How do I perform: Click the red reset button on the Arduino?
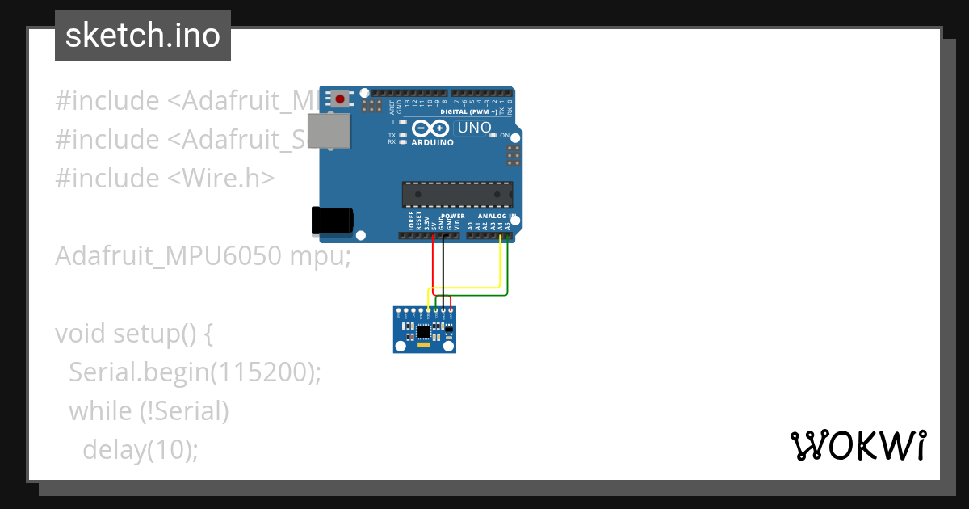point(340,99)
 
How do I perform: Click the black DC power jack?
point(332,221)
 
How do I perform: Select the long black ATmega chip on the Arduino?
point(457,195)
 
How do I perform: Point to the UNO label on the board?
point(474,128)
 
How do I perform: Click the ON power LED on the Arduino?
point(493,135)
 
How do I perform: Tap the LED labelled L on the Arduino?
point(403,122)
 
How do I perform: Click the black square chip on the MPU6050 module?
point(424,330)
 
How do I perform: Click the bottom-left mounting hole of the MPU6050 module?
point(399,347)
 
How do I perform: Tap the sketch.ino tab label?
point(143,36)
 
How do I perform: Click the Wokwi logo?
point(858,445)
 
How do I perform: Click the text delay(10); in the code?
point(140,449)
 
